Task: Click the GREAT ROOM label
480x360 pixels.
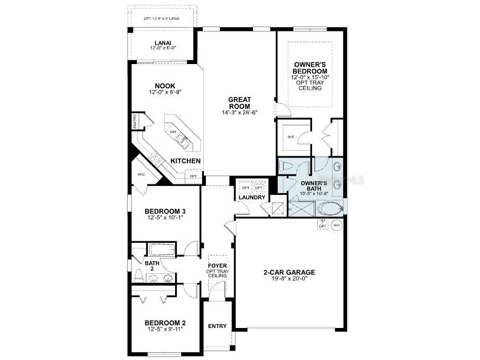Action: [x=239, y=103]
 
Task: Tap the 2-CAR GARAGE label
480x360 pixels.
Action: [x=289, y=272]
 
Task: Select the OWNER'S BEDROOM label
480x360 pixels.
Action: [x=310, y=68]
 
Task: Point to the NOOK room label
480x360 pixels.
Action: [x=165, y=86]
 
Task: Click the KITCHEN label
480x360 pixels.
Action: [x=185, y=161]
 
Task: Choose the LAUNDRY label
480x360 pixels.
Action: [x=252, y=197]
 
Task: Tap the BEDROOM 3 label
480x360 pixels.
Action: [x=165, y=211]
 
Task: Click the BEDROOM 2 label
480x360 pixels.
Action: [x=165, y=323]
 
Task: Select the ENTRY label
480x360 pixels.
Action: [x=217, y=326]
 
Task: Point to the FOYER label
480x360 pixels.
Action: [x=217, y=266]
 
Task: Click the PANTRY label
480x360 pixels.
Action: [x=135, y=121]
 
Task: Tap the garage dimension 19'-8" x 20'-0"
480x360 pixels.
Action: [x=289, y=279]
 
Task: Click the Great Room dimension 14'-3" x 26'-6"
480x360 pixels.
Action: [x=239, y=113]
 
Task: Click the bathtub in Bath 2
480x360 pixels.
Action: [x=162, y=250]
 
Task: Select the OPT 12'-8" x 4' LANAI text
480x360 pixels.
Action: [x=161, y=18]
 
